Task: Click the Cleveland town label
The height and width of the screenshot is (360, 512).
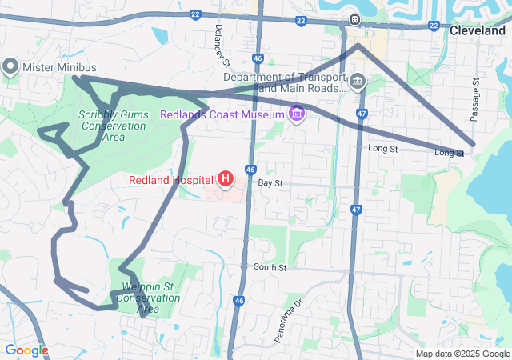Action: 478,31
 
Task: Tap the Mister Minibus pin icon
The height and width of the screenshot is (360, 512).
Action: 10,67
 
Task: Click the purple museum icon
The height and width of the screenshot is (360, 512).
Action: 298,114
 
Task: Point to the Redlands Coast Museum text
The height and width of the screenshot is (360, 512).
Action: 222,114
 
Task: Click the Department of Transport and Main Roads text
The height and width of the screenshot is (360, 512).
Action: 284,82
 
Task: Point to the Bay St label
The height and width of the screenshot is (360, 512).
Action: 270,183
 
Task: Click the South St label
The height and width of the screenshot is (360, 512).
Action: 270,267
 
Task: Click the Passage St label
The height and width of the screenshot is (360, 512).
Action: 474,99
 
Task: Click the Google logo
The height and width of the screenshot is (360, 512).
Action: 26,350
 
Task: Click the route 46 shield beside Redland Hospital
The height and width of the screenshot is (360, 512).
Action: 250,170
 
